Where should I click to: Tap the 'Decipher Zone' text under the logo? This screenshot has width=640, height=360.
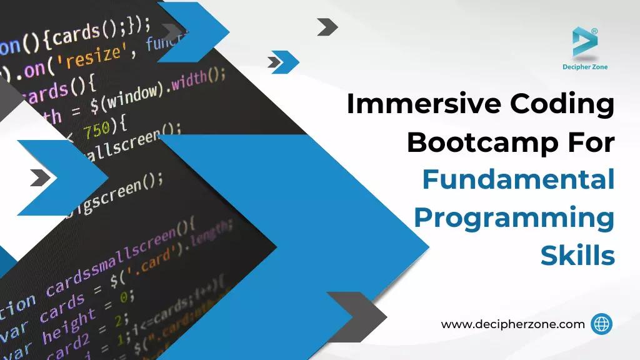[585, 67]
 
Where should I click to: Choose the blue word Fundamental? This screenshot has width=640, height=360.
[518, 181]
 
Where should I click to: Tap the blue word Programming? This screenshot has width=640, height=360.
[514, 219]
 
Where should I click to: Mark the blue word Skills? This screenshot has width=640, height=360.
[577, 256]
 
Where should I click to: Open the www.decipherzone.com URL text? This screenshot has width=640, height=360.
[512, 324]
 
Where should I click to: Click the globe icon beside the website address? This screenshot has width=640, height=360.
[601, 324]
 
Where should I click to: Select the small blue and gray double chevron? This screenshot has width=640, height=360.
[282, 62]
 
